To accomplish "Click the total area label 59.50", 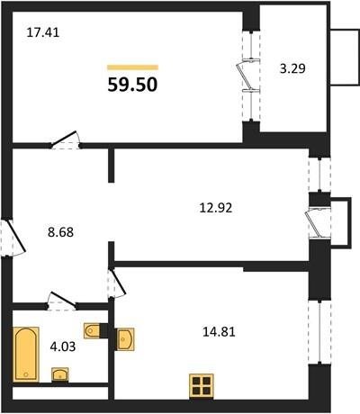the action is click(132, 85).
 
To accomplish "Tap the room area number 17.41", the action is click(43, 32).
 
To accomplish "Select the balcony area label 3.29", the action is click(292, 68).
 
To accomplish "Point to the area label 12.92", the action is click(216, 208).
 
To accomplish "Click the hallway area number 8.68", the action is click(60, 232).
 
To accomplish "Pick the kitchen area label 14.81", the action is click(219, 332).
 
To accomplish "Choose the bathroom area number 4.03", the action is click(63, 347).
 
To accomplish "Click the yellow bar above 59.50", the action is click(132, 67).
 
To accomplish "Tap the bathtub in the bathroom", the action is click(26, 355).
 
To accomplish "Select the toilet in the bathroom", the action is click(93, 331).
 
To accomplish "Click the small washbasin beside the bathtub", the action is click(60, 374).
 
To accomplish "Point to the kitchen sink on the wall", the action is click(125, 339).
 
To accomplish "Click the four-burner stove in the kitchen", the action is click(202, 386).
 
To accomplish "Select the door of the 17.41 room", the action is click(65, 139).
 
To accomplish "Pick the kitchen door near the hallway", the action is click(117, 283).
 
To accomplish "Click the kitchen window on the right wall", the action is click(319, 332).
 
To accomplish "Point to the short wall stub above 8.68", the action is click(111, 166).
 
